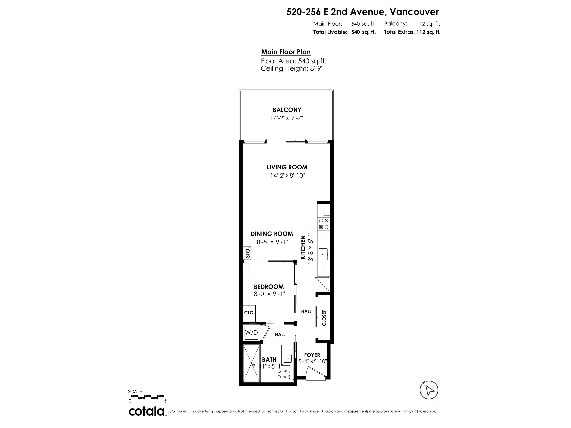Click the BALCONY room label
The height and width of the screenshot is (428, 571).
287,110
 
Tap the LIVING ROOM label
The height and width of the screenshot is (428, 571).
287,167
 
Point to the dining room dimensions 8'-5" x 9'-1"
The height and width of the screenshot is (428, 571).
272,242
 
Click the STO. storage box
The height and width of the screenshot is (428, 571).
247,253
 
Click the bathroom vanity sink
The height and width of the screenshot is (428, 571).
288,359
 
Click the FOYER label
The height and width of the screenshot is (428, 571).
312,355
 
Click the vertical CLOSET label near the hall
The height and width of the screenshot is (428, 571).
324,318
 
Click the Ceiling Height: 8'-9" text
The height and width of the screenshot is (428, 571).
292,69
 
